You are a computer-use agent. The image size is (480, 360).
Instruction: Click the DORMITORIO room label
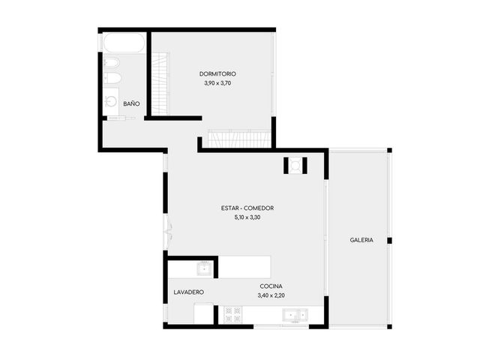coord(217,73)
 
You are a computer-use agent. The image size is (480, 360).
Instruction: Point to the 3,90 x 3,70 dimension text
coord(217,83)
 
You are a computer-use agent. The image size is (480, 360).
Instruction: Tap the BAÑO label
coord(131,103)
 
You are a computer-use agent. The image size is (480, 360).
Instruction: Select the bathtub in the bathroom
coord(124,43)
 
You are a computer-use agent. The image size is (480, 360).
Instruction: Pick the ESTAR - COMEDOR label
coord(247,208)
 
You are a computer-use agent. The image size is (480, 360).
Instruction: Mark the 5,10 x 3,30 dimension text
coord(247,217)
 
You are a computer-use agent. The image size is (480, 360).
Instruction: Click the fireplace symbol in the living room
coord(295,166)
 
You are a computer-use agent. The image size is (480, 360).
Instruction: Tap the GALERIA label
coord(361,240)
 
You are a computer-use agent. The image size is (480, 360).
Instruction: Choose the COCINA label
coord(271,286)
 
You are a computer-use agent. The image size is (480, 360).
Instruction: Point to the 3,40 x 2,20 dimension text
coord(271,295)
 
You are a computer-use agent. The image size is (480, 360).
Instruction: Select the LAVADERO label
coord(188,292)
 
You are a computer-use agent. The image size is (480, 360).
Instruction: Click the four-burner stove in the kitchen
coord(233,315)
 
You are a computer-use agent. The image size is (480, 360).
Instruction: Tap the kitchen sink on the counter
coord(295,315)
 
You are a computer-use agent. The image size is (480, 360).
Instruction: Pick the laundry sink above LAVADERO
coord(205,268)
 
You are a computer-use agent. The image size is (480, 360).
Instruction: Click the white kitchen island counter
coord(244,267)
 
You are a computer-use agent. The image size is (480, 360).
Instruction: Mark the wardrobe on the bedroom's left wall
coord(160,83)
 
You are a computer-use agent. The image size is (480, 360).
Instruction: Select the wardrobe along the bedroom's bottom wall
coord(239,139)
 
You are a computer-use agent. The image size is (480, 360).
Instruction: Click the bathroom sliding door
coord(121,118)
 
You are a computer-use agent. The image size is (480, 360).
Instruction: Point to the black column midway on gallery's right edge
coord(389,241)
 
